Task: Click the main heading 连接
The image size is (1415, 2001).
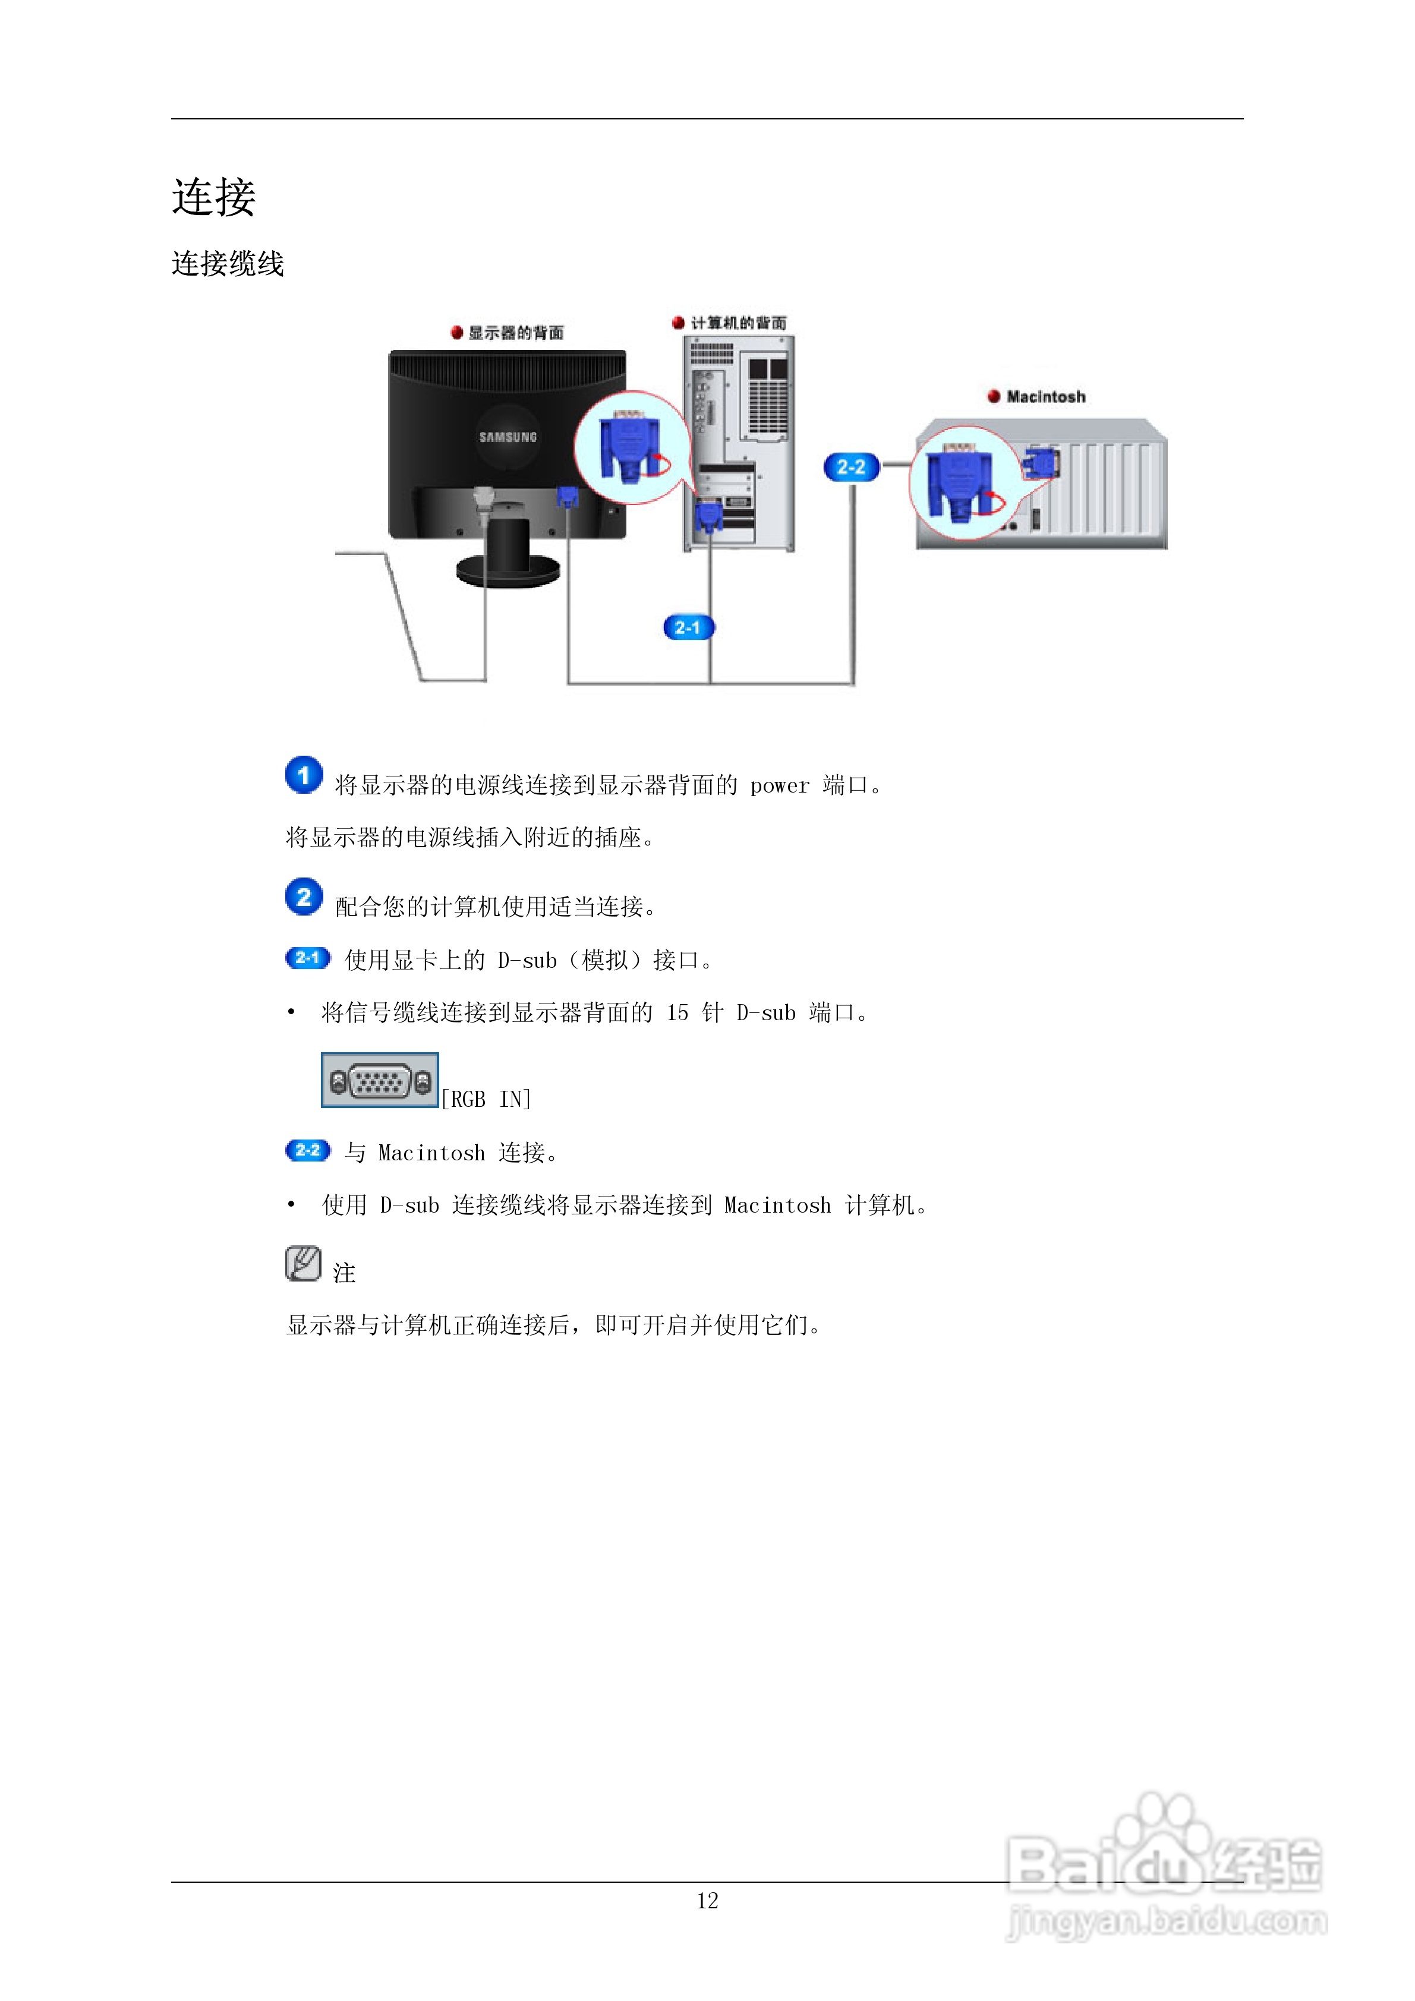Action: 213,197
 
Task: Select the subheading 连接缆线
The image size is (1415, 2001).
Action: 228,263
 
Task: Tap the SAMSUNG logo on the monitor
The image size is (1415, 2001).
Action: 508,437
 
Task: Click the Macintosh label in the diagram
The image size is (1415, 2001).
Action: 1045,396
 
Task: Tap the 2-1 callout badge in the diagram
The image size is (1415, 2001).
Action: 688,627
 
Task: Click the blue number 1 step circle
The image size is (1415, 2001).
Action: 304,775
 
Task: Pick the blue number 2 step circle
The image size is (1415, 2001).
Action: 304,897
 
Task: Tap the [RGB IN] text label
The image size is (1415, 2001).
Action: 486,1099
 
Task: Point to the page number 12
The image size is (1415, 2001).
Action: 707,1901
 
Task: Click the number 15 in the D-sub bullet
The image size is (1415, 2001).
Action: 677,1013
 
